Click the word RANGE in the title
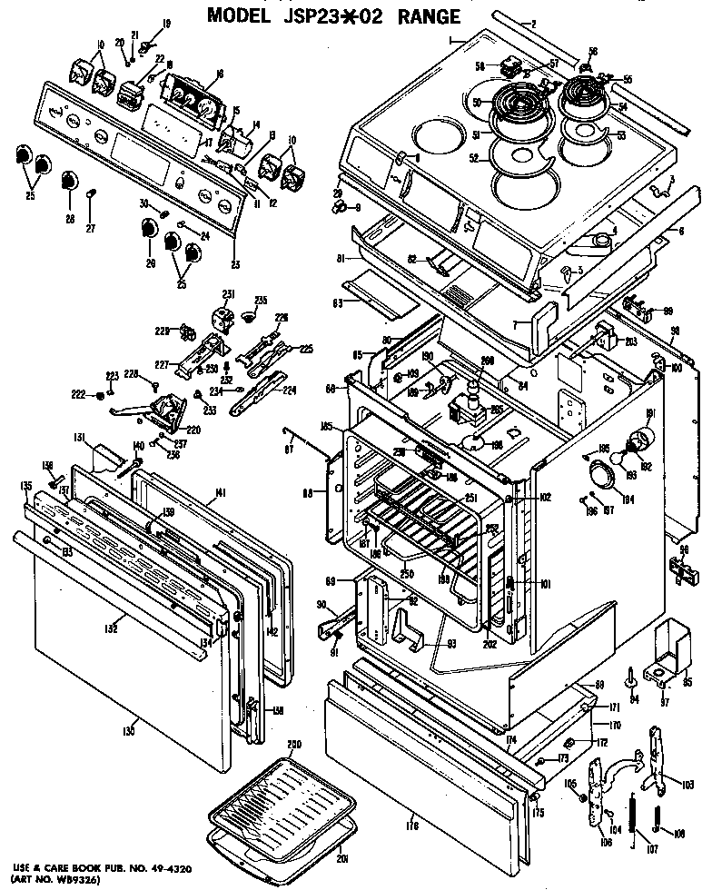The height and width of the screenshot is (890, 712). [x=421, y=15]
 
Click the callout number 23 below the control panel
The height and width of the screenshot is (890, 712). [x=237, y=265]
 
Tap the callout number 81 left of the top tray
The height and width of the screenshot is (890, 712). [x=340, y=259]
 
